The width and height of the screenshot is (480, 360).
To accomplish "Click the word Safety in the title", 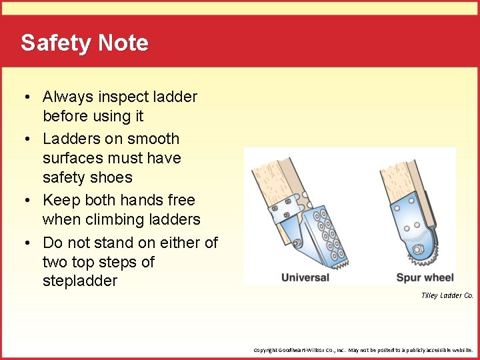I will [x=55, y=43].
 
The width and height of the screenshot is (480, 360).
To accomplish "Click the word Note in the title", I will [x=123, y=43].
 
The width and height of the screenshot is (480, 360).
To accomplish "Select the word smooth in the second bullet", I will [x=154, y=139].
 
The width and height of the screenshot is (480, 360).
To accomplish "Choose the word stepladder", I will [x=80, y=281].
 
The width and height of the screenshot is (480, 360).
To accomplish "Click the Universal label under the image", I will [x=305, y=277].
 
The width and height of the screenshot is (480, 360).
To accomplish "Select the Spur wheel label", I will [x=425, y=277].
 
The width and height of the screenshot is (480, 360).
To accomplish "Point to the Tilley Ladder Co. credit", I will [x=447, y=295].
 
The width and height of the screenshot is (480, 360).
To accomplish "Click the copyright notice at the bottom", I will [x=363, y=349].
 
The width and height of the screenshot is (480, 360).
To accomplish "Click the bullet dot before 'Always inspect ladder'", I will [x=24, y=97].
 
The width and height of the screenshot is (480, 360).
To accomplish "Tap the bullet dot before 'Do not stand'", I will [x=24, y=243].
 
